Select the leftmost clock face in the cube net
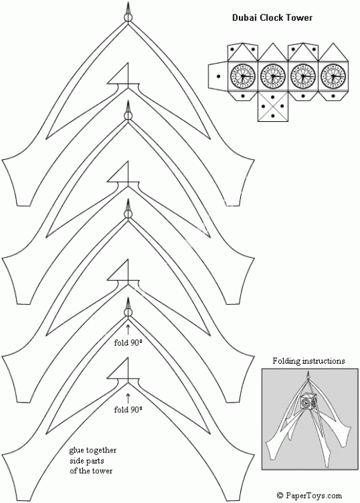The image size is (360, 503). pyautogui.click(x=242, y=76)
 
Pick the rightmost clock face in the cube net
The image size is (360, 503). pyautogui.click(x=332, y=76)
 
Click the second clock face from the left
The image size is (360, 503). pyautogui.click(x=273, y=76)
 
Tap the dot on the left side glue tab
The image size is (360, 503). pyautogui.click(x=218, y=76)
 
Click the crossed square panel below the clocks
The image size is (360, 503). pyautogui.click(x=273, y=106)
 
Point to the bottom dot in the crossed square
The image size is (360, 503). pyautogui.click(x=273, y=116)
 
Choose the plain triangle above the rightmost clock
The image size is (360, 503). pyautogui.click(x=333, y=52)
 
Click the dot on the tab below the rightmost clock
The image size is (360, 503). pyautogui.click(x=333, y=96)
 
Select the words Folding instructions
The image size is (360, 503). pyautogui.click(x=309, y=361)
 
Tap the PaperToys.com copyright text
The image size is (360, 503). pyautogui.click(x=309, y=495)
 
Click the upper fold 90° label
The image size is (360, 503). pyautogui.click(x=128, y=342)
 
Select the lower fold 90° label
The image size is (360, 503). pyautogui.click(x=128, y=409)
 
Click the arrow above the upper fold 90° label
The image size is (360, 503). pyautogui.click(x=128, y=330)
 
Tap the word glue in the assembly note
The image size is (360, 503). pyautogui.click(x=76, y=451)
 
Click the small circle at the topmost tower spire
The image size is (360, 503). pyautogui.click(x=128, y=17)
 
